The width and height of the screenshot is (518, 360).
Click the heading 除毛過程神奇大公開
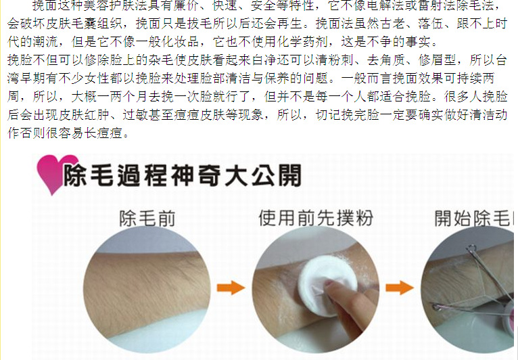pos(182,175)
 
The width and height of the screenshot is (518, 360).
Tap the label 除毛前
pos(147,219)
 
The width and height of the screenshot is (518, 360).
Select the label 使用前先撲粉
pos(316,218)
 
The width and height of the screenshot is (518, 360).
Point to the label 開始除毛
pos(474,218)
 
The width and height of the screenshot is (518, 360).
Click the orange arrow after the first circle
pos(231,288)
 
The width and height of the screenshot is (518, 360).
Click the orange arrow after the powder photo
pos(400,288)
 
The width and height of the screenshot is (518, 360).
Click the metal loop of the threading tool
pos(471,248)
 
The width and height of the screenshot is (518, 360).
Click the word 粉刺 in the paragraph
pos(341,60)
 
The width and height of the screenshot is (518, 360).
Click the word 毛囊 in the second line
pos(85,24)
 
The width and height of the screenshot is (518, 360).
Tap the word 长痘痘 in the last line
pos(103,133)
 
